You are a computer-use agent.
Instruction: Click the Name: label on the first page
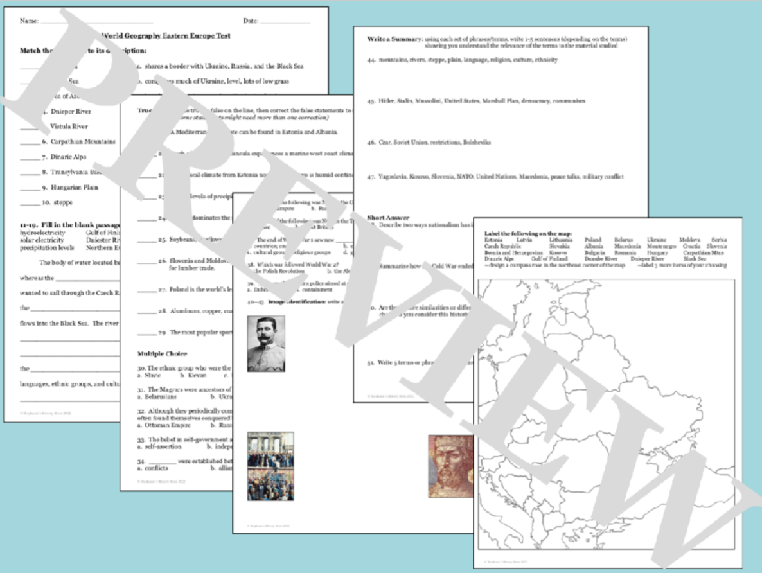tap(28, 21)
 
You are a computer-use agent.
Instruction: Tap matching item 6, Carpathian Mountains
tap(78, 141)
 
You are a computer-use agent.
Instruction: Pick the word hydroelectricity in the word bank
tap(42, 233)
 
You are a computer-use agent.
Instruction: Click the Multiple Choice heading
tap(163, 353)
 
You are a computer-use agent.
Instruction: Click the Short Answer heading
tap(388, 218)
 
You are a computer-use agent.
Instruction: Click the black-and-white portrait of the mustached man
tap(266, 344)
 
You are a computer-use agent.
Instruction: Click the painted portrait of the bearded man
tap(451, 466)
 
